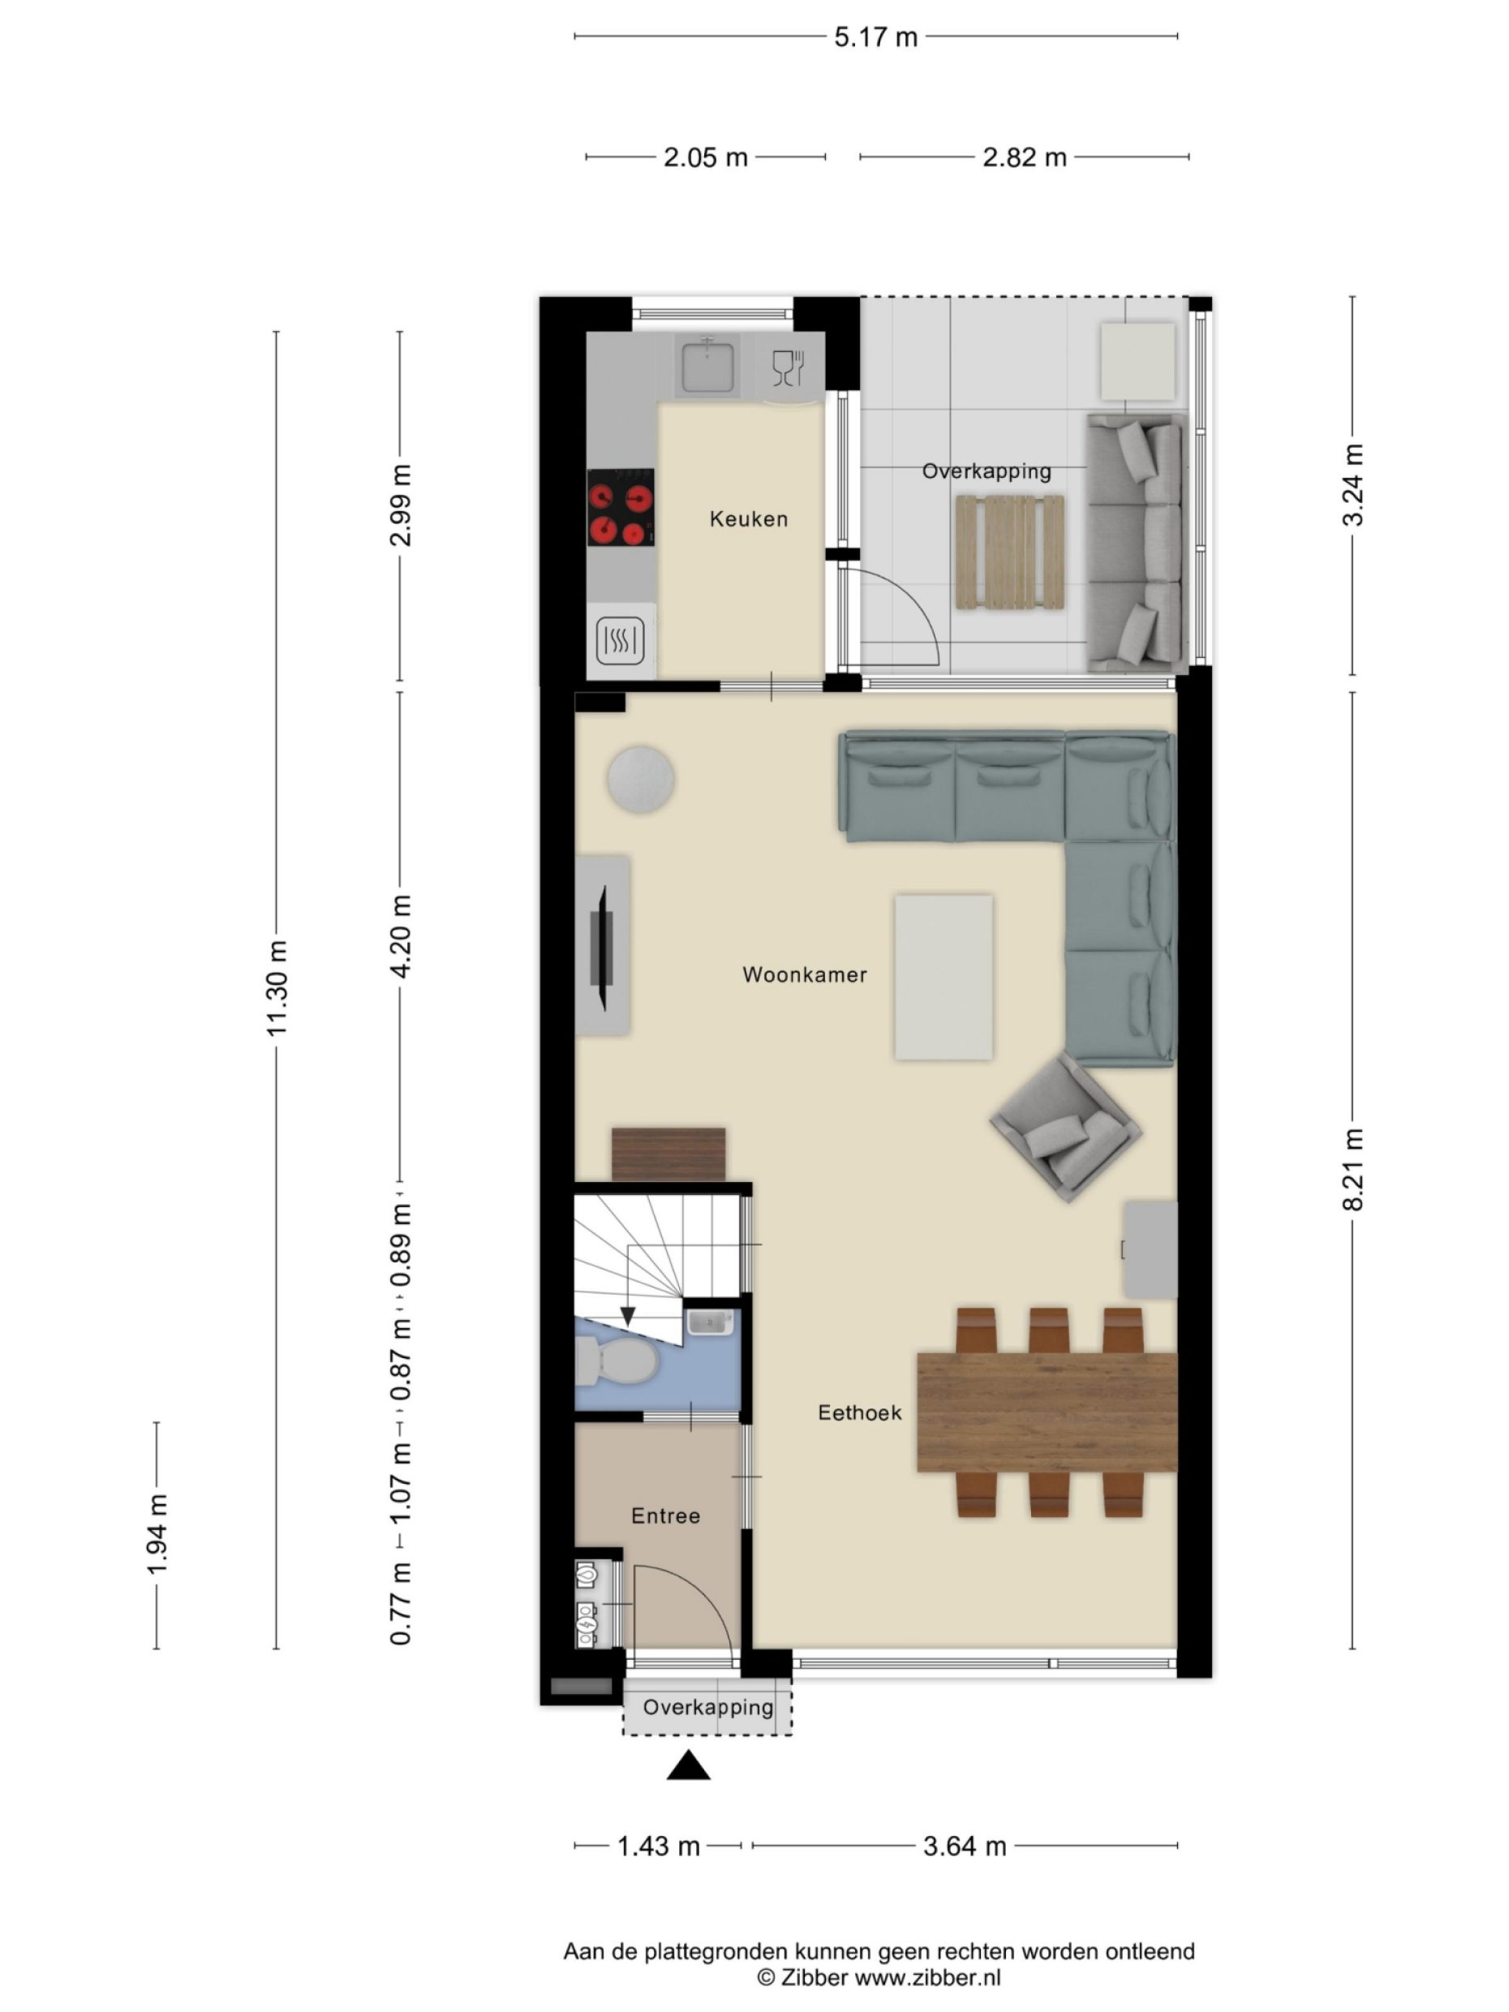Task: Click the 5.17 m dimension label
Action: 875,37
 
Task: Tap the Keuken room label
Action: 748,519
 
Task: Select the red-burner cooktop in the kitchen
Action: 621,508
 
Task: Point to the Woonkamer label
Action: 804,975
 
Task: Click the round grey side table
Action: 641,780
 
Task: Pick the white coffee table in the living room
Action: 943,977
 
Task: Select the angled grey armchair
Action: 1064,1128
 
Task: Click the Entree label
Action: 665,1516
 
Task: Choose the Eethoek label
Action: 858,1413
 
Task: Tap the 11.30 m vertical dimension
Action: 277,989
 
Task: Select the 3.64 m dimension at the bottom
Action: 964,1846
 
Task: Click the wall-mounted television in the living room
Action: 602,946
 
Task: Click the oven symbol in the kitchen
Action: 621,640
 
